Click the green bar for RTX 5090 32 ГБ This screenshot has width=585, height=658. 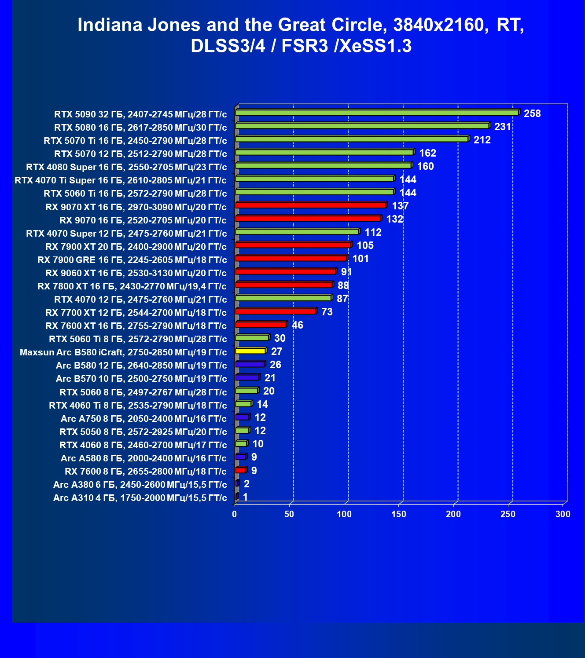(377, 113)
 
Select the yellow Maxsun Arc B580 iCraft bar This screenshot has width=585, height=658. (250, 351)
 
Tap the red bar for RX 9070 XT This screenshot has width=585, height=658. (311, 205)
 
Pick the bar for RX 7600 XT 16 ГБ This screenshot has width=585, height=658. (261, 325)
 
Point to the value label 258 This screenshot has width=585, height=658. (532, 113)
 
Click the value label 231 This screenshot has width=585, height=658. (502, 127)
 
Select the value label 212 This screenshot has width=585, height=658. (482, 140)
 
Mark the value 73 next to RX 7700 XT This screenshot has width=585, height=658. (327, 312)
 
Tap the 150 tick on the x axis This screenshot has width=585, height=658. (399, 514)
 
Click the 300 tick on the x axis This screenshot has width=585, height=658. (563, 514)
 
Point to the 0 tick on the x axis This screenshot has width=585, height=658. (235, 514)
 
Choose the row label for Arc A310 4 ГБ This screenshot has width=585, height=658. (140, 498)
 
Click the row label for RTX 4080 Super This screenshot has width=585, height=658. (126, 167)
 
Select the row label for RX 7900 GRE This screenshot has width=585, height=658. (132, 260)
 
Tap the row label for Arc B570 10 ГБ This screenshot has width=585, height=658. (141, 379)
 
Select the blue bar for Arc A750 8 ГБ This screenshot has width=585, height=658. (242, 417)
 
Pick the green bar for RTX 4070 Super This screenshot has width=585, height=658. (297, 232)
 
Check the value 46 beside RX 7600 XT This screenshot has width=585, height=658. (298, 325)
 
